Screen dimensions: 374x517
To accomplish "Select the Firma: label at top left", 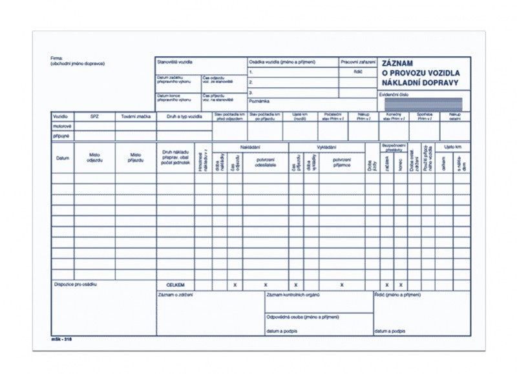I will coord(57,58).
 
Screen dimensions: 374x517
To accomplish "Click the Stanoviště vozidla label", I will coord(175,62).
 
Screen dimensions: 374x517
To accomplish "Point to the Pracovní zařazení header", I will coord(357,62).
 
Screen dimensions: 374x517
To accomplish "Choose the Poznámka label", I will coord(259,101).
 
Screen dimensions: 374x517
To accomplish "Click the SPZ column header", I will coord(94,116).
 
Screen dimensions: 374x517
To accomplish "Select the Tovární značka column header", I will coord(136,116).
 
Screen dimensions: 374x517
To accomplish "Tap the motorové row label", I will coord(62,127).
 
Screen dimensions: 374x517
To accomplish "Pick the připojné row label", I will coord(61,136).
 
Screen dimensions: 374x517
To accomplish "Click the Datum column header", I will coord(63,158).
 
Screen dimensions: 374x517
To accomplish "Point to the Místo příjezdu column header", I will coord(136,158).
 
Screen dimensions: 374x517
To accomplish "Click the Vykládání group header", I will coord(326,147).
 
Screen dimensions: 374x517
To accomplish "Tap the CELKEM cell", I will coord(175,285).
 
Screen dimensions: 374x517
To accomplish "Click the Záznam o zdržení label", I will coord(175,295).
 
